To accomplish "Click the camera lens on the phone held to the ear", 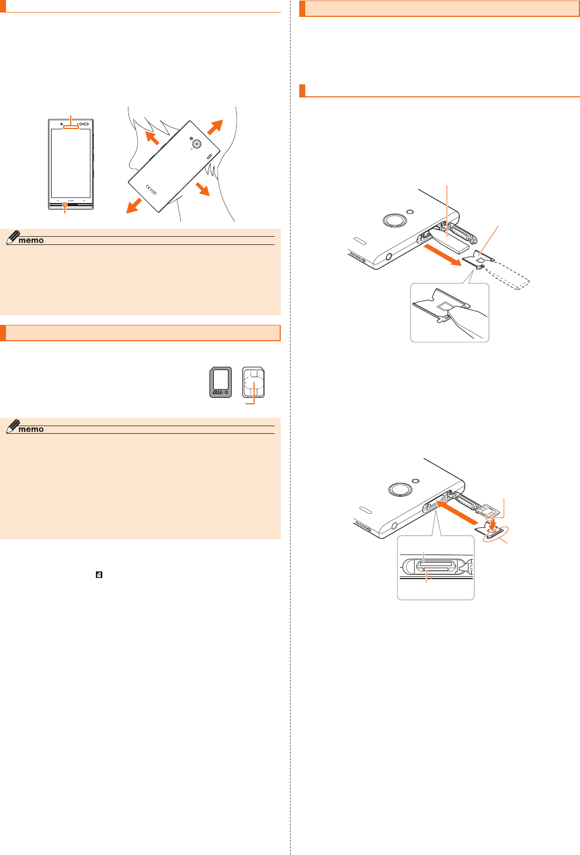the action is pyautogui.click(x=196, y=144).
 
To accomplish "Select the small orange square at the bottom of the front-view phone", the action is pyautogui.click(x=65, y=205).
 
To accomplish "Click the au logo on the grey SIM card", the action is pyautogui.click(x=219, y=391).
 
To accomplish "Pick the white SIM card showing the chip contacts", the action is pyautogui.click(x=254, y=382).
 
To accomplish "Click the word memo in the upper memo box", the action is pyautogui.click(x=31, y=240).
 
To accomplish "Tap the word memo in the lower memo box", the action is pyautogui.click(x=31, y=429).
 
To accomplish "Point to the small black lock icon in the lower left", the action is pyautogui.click(x=99, y=575).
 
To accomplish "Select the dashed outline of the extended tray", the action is pyautogui.click(x=511, y=276).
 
